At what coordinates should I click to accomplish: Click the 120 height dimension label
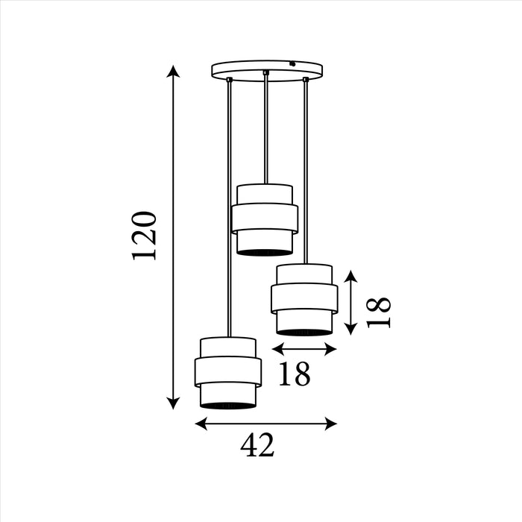tap(145, 235)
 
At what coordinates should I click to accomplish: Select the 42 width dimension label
tap(257, 446)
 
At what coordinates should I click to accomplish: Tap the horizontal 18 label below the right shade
tap(294, 374)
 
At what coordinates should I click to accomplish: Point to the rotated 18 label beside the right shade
tap(380, 312)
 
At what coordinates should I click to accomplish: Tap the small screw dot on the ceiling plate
tap(293, 63)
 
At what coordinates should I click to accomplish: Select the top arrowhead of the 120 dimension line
tap(173, 72)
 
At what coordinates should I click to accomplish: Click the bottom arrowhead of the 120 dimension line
tap(173, 403)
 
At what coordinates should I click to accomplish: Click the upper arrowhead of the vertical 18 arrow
tap(351, 277)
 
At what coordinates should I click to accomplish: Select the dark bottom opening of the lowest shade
tap(228, 405)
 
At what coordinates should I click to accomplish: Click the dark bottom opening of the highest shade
tap(265, 252)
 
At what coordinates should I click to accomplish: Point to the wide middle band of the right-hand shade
tap(304, 298)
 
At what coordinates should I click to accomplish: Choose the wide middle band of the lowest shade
tap(228, 371)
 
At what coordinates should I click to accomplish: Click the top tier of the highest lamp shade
tap(265, 193)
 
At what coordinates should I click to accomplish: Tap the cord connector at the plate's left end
tap(229, 80)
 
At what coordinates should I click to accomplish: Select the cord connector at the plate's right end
tap(305, 79)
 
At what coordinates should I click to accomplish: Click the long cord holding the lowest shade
tap(229, 209)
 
